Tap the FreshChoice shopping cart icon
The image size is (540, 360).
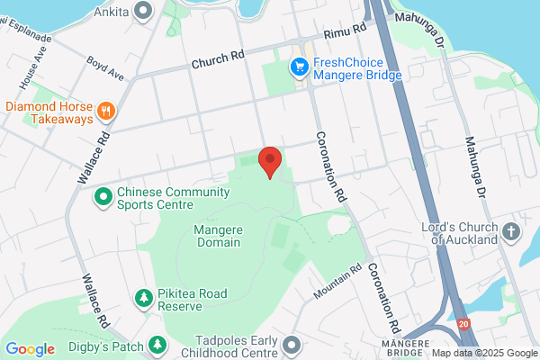[299, 67]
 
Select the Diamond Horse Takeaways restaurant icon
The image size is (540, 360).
[107, 111]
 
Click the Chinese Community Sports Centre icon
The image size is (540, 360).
[103, 194]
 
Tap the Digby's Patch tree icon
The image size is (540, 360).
[158, 344]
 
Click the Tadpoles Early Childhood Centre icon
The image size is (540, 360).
[292, 345]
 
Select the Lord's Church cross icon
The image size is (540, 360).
[512, 231]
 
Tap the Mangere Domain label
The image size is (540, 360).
[217, 236]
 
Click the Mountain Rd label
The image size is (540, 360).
[337, 282]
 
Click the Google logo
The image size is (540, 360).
[30, 349]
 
